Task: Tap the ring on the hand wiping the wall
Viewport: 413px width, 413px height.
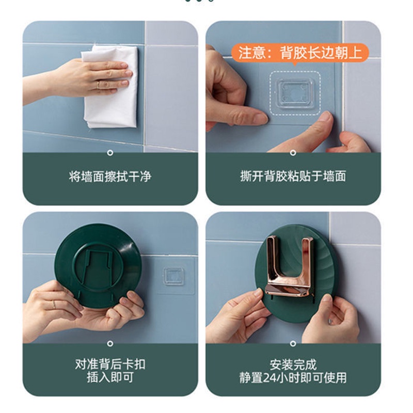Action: pos(98,85)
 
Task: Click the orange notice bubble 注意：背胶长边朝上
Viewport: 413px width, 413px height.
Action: pos(300,53)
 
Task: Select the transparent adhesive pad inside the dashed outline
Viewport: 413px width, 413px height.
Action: pos(295,93)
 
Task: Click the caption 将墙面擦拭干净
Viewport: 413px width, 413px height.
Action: pos(110,177)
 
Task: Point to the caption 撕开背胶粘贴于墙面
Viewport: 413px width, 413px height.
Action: pos(293,176)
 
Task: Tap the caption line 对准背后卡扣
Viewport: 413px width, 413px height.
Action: pos(110,364)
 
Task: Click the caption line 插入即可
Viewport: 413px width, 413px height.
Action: pos(110,377)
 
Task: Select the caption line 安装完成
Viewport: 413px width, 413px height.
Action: pos(293,365)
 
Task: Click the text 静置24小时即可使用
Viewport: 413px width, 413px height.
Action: pos(293,378)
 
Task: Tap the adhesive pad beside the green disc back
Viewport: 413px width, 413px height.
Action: pos(173,276)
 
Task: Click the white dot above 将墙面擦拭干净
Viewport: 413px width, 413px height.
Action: pos(110,153)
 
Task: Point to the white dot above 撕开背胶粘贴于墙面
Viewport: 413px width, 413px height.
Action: pos(293,153)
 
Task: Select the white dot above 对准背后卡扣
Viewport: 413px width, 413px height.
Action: pos(110,344)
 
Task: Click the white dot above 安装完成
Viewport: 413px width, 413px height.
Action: pos(293,344)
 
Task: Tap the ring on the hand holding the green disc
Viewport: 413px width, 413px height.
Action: pos(54,305)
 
